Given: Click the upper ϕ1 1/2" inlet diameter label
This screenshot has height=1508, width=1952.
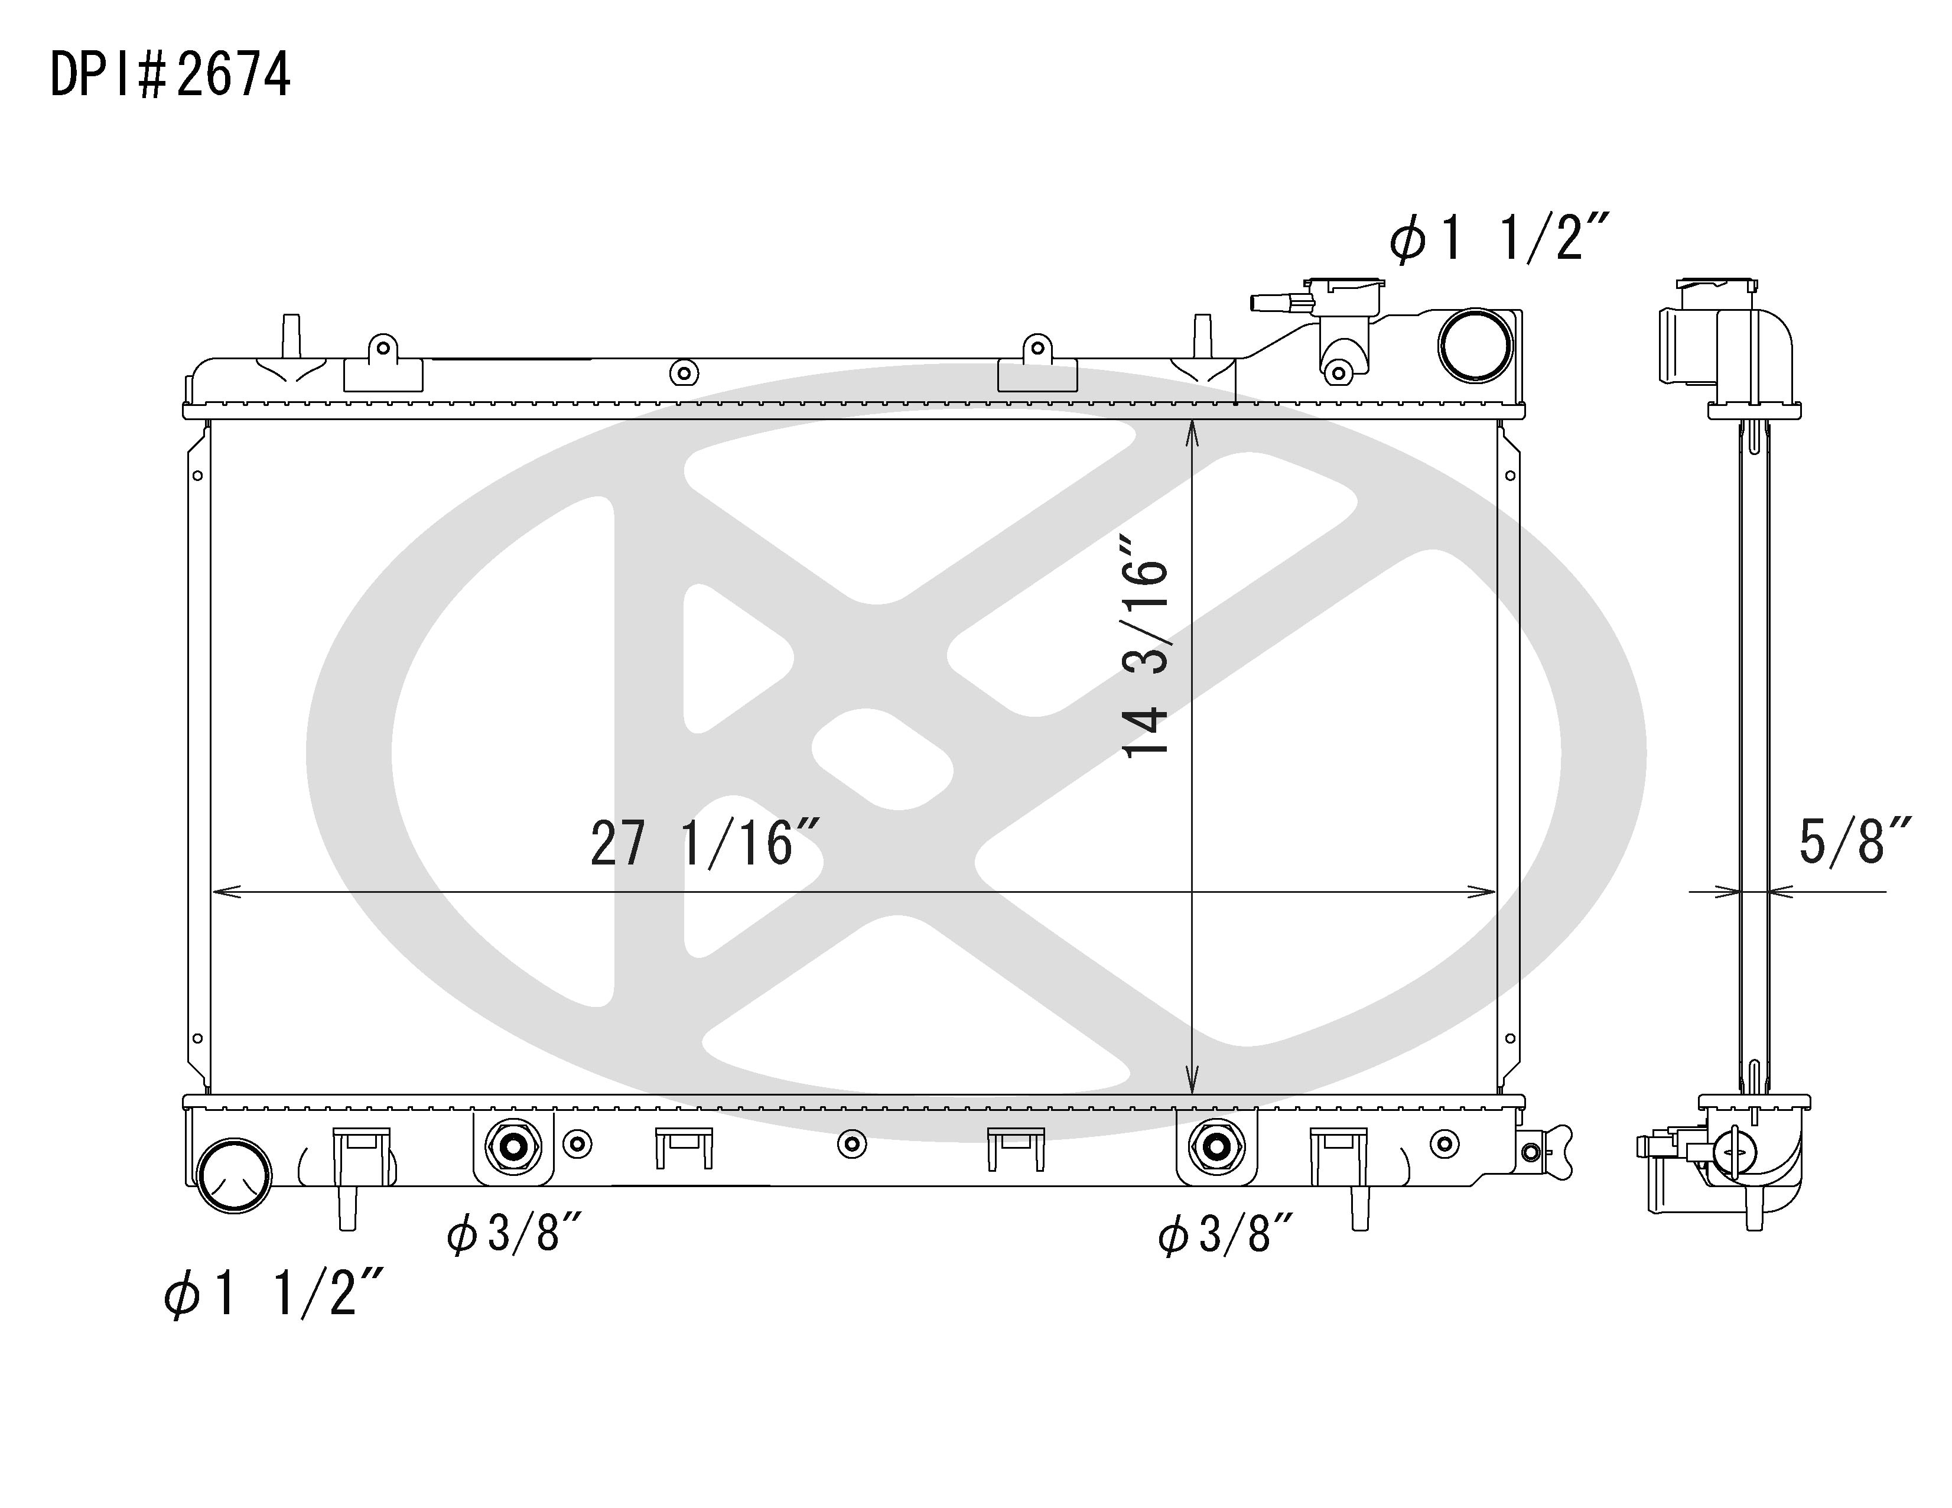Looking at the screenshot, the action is pyautogui.click(x=1499, y=239).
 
